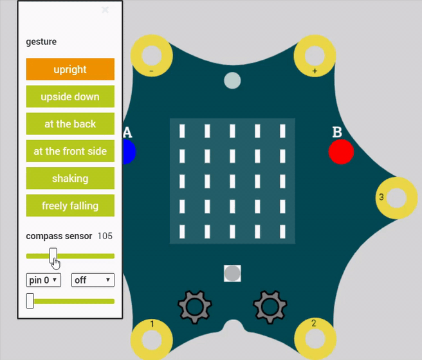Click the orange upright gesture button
click(70, 69)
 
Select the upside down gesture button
click(70, 96)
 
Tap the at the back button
click(70, 124)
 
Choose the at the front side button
click(70, 151)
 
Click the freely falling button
click(70, 206)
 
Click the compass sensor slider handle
click(53, 255)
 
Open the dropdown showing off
click(93, 280)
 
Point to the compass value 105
click(105, 236)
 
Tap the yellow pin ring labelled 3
click(396, 198)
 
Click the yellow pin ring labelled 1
click(152, 338)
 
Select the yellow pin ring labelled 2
click(315, 338)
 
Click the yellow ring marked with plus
click(315, 55)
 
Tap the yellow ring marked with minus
click(152, 55)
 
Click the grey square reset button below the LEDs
click(232, 273)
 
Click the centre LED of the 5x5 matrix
click(232, 181)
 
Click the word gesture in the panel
click(41, 42)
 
